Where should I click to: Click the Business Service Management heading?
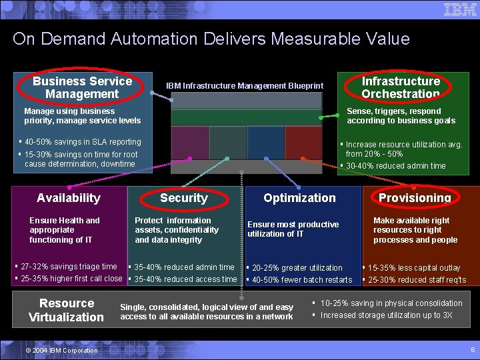(x=82, y=87)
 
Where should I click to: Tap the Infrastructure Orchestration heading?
(x=401, y=87)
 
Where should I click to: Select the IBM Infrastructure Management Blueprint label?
(x=245, y=85)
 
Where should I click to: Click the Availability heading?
(x=69, y=197)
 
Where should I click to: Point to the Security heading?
(x=183, y=198)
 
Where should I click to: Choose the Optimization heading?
(x=299, y=197)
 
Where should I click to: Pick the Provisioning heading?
(x=415, y=198)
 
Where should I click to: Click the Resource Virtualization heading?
(x=67, y=310)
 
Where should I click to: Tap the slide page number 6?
(x=472, y=349)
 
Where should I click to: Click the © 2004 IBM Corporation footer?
(x=61, y=350)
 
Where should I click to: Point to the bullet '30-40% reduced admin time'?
(x=395, y=166)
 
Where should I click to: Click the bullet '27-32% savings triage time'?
(x=69, y=267)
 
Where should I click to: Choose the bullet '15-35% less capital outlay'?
(x=414, y=267)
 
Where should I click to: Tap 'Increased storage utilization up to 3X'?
(x=386, y=315)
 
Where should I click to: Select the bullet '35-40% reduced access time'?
(x=185, y=279)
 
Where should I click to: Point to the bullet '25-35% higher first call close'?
(x=71, y=279)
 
